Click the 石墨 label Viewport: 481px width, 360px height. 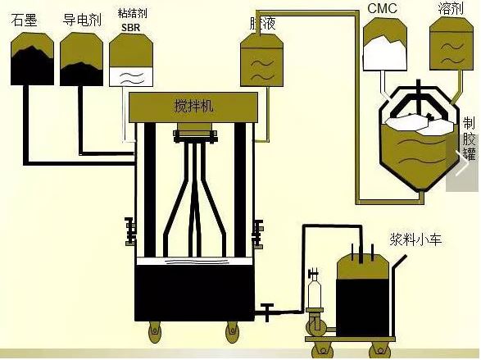click(24, 21)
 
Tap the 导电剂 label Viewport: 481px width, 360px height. click(82, 20)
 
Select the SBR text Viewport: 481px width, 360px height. click(130, 28)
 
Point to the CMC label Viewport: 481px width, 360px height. click(382, 8)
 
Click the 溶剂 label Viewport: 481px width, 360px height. click(451, 8)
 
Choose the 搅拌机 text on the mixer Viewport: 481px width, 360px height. click(193, 106)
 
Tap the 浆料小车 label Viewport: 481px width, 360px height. click(415, 239)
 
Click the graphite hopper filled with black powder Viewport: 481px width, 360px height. click(32, 58)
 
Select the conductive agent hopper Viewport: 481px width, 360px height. click(81, 59)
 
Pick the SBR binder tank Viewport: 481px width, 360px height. click(131, 60)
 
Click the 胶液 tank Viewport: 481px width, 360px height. click(261, 60)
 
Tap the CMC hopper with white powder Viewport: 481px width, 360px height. click(385, 44)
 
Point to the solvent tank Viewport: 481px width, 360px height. click(452, 43)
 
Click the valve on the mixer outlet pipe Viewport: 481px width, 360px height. click(267, 312)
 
